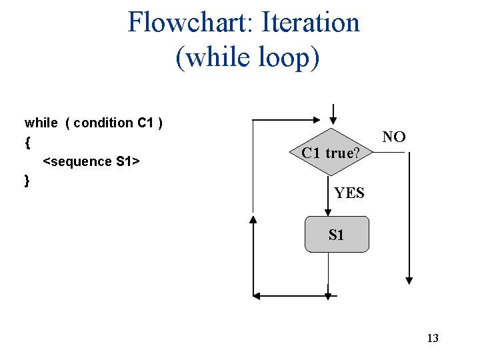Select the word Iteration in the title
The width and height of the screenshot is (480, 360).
click(311, 22)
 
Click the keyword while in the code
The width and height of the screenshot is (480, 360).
click(41, 123)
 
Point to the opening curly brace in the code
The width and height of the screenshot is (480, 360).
click(27, 142)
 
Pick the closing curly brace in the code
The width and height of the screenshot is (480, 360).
click(27, 181)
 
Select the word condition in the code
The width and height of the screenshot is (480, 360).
click(103, 123)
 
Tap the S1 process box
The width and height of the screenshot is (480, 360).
click(337, 234)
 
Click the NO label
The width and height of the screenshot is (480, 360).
click(394, 137)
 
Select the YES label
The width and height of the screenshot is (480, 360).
click(349, 193)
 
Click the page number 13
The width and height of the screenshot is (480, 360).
click(433, 338)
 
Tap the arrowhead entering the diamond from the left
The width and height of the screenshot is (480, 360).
click(319, 120)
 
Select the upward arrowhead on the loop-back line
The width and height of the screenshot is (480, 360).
click(253, 219)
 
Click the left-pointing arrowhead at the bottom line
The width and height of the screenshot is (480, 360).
click(257, 295)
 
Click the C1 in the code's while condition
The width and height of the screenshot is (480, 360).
click(145, 123)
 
